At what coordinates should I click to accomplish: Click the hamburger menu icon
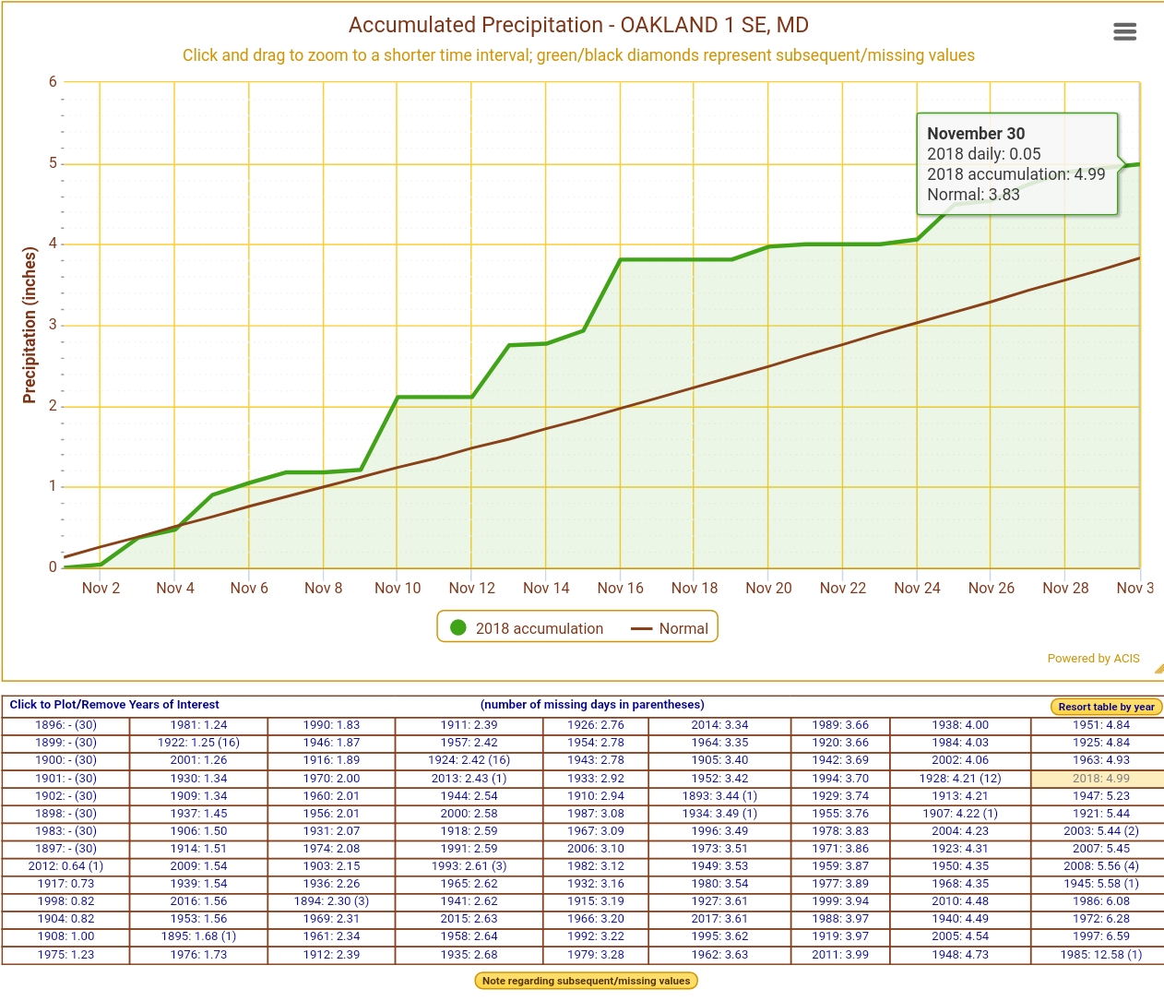(x=1124, y=32)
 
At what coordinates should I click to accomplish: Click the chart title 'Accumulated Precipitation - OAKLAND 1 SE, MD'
(x=578, y=25)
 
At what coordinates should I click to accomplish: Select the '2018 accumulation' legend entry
(x=527, y=628)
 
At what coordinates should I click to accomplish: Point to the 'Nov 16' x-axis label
(x=620, y=588)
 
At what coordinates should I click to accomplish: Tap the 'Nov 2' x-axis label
(x=101, y=588)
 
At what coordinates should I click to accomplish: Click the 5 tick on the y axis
(x=53, y=163)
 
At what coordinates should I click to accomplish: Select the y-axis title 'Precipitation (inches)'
(x=30, y=325)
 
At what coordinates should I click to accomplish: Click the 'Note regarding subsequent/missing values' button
(x=586, y=981)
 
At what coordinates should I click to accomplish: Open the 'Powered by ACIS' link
(x=1093, y=659)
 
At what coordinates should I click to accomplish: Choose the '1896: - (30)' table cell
(x=65, y=725)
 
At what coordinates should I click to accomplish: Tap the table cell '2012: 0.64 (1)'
(x=65, y=866)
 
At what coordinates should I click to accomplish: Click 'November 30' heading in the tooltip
(x=975, y=134)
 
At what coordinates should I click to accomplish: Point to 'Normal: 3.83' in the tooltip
(x=973, y=195)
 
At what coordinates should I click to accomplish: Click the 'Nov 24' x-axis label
(x=917, y=588)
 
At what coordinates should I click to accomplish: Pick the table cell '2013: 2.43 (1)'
(x=469, y=779)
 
